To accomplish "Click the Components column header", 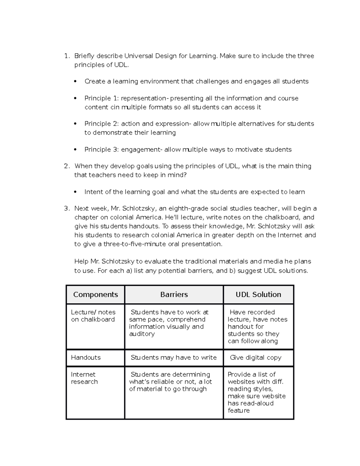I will click(95, 294).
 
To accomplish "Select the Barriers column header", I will click(174, 294).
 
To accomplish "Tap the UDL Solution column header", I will click(258, 294).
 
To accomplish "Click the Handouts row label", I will click(86, 357).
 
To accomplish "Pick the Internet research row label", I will click(84, 378).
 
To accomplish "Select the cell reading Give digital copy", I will click(256, 357).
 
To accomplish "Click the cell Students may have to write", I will click(173, 357).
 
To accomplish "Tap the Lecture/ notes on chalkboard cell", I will click(93, 316).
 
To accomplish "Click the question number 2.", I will click(66, 166).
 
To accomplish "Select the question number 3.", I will click(66, 209).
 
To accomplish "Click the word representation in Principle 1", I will click(143, 98).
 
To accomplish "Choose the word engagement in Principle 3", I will click(140, 150).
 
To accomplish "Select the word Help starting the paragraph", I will click(81, 261).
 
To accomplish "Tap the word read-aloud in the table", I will click(257, 403).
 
